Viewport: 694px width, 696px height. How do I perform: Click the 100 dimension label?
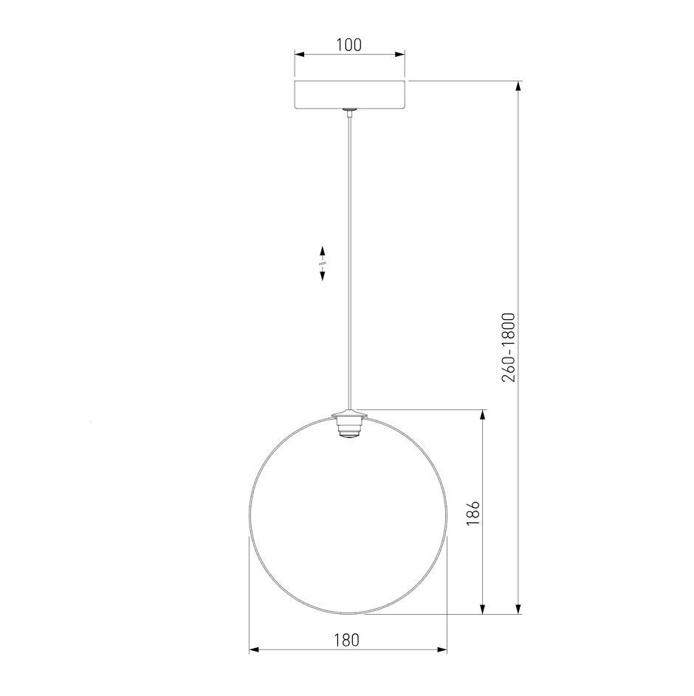tap(349, 45)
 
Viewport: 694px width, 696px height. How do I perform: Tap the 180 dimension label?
tap(347, 640)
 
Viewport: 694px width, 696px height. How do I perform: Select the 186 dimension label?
tap(473, 513)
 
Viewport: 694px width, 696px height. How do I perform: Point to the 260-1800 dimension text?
tap(509, 347)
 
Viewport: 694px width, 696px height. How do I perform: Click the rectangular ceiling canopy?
tap(350, 94)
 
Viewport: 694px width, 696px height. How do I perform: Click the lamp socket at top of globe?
tap(350, 425)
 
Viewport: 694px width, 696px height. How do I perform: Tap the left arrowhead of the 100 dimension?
tap(299, 55)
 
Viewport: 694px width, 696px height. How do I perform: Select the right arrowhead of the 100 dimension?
tap(400, 55)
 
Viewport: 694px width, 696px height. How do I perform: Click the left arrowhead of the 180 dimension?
tap(254, 650)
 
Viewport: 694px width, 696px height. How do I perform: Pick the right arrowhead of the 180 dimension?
tap(442, 650)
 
